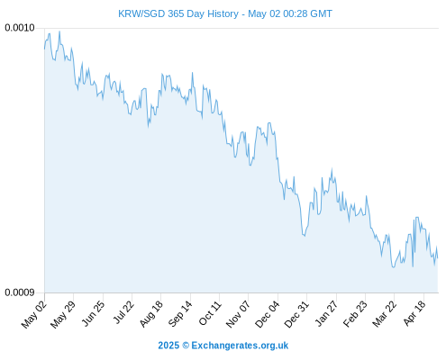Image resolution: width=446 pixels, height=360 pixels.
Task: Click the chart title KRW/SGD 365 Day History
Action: tap(178, 13)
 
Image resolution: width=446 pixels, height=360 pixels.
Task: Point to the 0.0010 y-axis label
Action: tap(20, 28)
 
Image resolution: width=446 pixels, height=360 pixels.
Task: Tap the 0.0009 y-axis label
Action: tap(20, 292)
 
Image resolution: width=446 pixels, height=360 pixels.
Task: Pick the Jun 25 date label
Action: tap(94, 313)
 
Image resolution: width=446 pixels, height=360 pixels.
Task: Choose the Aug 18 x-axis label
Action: tap(151, 314)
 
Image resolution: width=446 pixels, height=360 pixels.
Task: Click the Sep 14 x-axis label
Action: tap(180, 314)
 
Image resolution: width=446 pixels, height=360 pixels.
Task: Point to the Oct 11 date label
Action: tap(210, 313)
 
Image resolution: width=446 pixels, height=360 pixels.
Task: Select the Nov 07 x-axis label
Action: tap(238, 314)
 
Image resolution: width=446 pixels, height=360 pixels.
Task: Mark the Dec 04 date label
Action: tap(268, 314)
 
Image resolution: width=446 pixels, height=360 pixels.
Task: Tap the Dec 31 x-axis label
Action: tap(296, 314)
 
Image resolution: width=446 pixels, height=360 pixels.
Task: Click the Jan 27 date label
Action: tap(327, 313)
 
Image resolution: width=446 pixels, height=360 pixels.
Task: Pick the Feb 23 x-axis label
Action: tap(355, 314)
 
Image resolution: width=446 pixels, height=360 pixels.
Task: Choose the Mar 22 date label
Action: tap(385, 314)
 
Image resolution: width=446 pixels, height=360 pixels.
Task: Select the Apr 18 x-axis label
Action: tap(414, 313)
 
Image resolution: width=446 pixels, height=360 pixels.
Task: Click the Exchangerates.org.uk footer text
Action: tap(240, 346)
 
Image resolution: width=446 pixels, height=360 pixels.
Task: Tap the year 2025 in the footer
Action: tap(168, 346)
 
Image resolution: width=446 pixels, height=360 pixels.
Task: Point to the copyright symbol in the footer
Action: tap(186, 346)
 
